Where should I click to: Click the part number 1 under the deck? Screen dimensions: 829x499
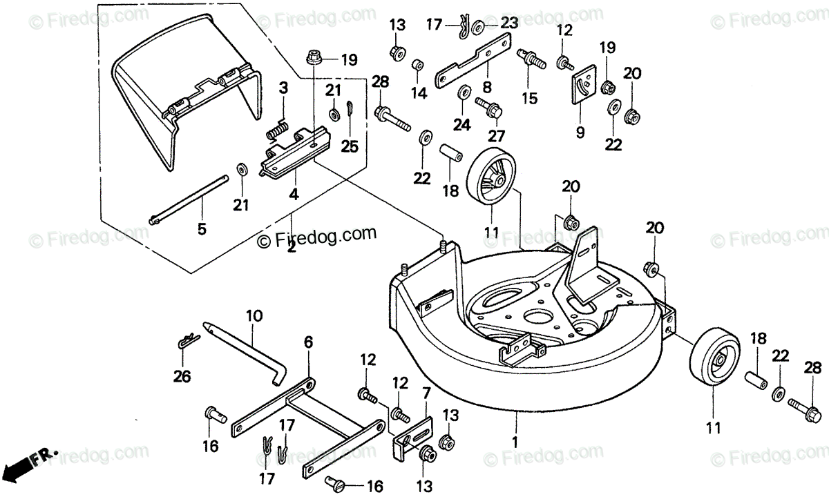point(515,442)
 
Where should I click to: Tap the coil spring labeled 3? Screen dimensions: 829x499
point(276,131)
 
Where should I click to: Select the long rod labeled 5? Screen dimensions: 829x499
point(189,199)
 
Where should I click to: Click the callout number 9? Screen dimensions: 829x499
point(580,132)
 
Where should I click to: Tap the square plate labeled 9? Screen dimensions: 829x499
point(584,85)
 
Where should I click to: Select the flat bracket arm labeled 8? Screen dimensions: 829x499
point(473,61)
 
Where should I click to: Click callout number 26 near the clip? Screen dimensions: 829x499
point(182,376)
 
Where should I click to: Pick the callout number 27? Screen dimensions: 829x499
point(496,136)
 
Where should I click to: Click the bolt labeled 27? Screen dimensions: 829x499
point(488,107)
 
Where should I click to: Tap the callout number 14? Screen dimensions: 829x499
point(419,92)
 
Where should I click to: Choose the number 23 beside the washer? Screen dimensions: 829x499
point(510,23)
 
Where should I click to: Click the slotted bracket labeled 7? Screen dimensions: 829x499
point(413,439)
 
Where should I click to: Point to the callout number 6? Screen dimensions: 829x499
point(308,342)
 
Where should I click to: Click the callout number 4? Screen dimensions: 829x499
point(294,194)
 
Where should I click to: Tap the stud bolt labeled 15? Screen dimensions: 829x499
point(531,59)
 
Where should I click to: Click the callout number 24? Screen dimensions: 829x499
point(462,125)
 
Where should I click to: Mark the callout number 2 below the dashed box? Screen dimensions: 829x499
point(292,246)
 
